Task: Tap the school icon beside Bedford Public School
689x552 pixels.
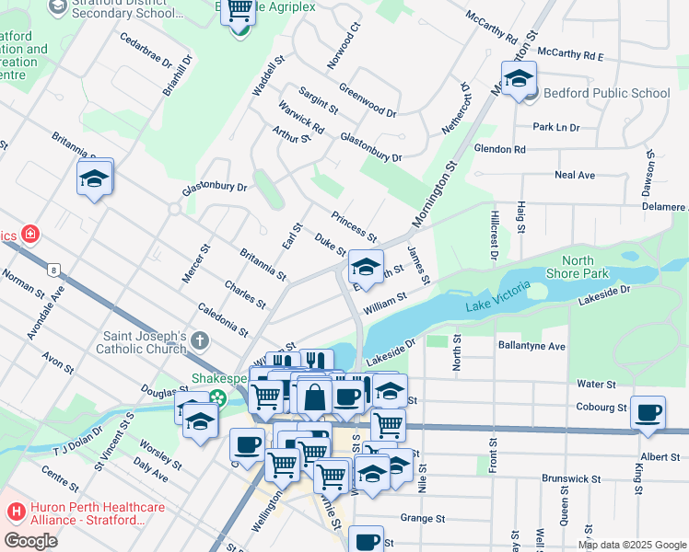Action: tap(519, 80)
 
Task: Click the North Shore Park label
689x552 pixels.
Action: tap(578, 267)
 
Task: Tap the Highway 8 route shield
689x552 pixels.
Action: tap(55, 270)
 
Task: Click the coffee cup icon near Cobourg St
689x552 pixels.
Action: tap(648, 413)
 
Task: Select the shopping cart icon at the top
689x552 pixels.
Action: tap(239, 13)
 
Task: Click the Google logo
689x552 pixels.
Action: tap(30, 540)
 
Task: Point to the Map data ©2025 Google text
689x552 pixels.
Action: tap(632, 545)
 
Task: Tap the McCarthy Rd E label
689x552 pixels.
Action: tap(570, 55)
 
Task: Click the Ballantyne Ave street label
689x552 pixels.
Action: tap(531, 346)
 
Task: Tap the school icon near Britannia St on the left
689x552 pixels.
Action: tap(94, 178)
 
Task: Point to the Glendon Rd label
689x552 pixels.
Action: tap(499, 148)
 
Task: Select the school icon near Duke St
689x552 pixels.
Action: tap(366, 269)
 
